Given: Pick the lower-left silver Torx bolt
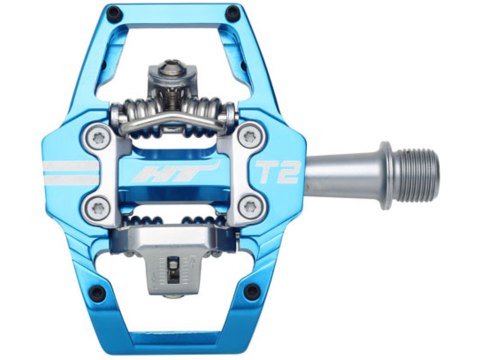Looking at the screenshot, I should [x=98, y=208].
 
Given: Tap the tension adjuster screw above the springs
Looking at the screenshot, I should [x=166, y=72].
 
